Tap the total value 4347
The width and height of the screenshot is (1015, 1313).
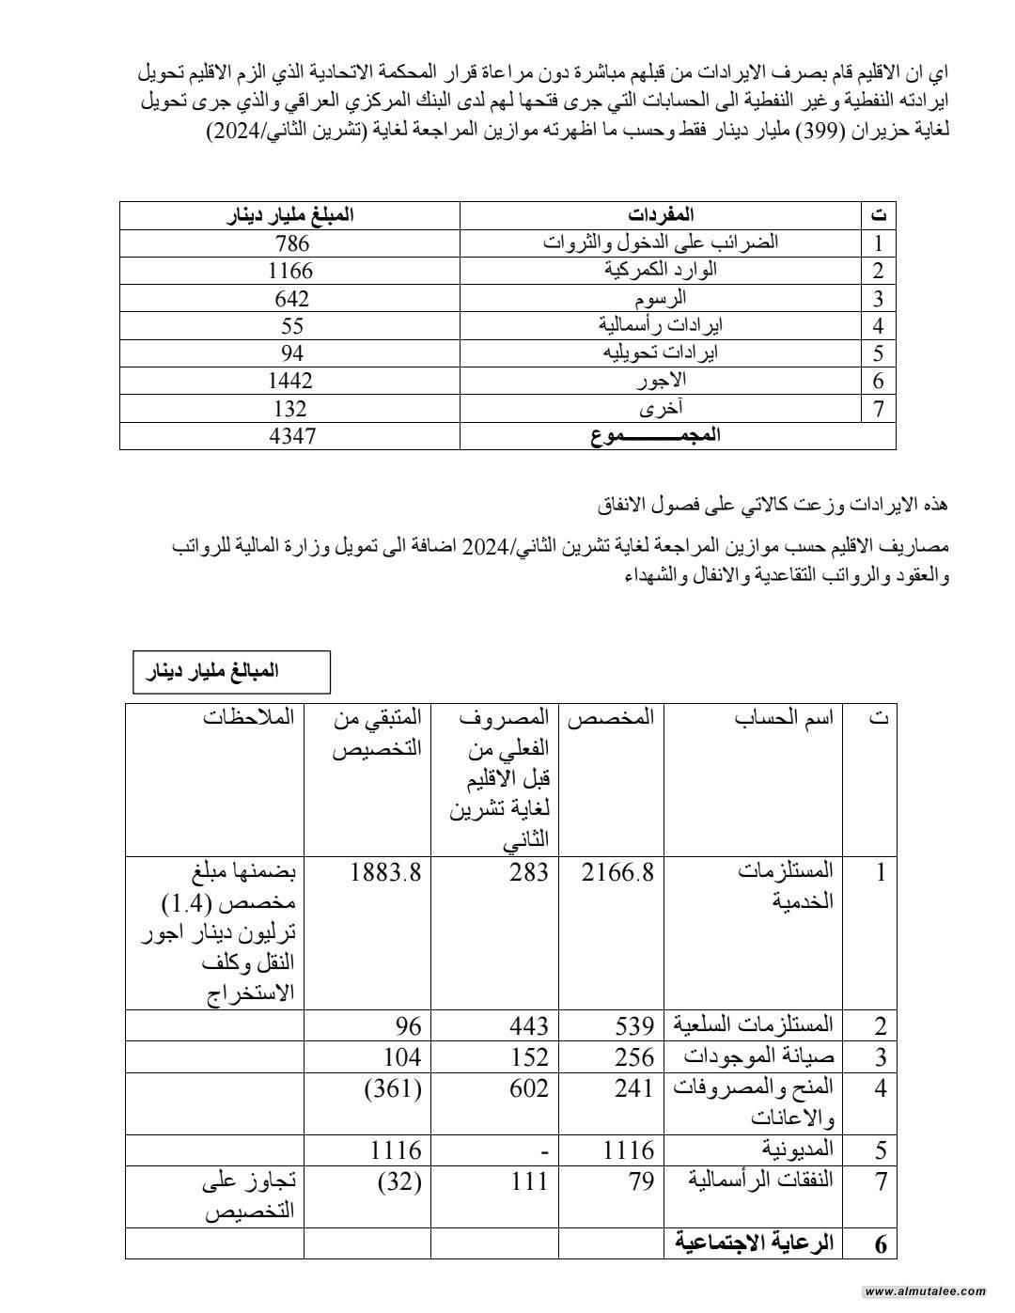pos(292,436)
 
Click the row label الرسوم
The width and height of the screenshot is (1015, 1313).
pos(662,298)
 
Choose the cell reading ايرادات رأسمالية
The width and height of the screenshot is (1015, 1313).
pos(662,326)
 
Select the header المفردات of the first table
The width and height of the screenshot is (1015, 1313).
pos(662,215)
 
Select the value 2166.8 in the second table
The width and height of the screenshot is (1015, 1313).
pos(617,872)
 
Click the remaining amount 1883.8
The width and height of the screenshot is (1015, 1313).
pos(385,872)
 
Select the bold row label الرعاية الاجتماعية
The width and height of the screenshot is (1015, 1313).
pos(755,1243)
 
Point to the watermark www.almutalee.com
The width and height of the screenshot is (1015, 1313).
pos(925,1291)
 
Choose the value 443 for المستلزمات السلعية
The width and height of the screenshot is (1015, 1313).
pos(528,1025)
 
